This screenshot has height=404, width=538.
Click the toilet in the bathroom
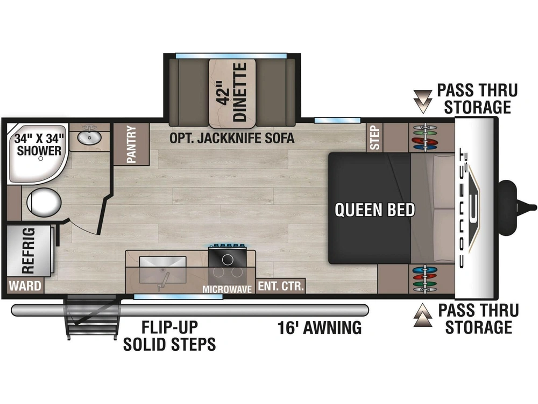pyautogui.click(x=44, y=202)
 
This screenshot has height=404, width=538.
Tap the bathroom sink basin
pyautogui.click(x=89, y=137)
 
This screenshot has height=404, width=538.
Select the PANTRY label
pyautogui.click(x=131, y=144)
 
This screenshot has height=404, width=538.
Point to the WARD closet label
pyautogui.click(x=25, y=285)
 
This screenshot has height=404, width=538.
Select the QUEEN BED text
pyautogui.click(x=374, y=210)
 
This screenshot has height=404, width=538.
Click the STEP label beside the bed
pyautogui.click(x=375, y=137)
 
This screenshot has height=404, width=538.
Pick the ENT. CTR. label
pyautogui.click(x=281, y=286)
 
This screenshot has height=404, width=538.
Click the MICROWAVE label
pyautogui.click(x=227, y=289)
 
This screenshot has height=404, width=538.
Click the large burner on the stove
pyautogui.click(x=228, y=260)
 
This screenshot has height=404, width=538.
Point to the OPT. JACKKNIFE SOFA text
pyautogui.click(x=232, y=138)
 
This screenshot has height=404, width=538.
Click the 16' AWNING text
pyautogui.click(x=320, y=328)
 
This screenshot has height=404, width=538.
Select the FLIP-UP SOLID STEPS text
pyautogui.click(x=169, y=336)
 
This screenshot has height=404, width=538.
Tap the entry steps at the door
pyautogui.click(x=93, y=317)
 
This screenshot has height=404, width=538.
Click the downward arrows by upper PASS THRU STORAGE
pyautogui.click(x=423, y=101)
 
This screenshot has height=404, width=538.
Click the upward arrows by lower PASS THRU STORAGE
pyautogui.click(x=423, y=315)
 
